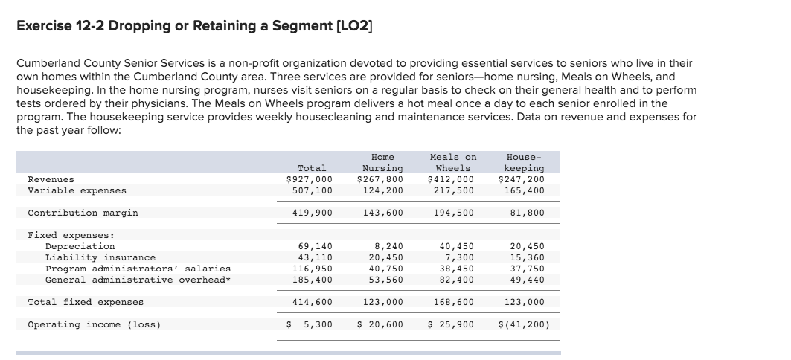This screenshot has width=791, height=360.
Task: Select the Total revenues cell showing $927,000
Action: coord(310,179)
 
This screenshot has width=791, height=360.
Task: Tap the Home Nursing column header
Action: coord(382,163)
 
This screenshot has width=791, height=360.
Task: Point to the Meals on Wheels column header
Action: coord(453,163)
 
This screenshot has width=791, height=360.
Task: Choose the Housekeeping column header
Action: coord(525,163)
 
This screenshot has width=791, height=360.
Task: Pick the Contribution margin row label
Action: coord(83,213)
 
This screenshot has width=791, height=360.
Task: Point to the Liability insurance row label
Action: coord(100,257)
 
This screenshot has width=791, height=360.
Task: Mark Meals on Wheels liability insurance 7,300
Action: coord(458,257)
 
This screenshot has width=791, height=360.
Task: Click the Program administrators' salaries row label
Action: coord(138,269)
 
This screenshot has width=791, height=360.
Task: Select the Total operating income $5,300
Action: coord(310,324)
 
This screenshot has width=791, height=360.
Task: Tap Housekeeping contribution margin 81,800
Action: coord(528,213)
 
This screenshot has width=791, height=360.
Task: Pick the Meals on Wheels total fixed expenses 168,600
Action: coord(454,302)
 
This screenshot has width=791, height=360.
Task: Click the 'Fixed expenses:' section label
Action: coord(66,235)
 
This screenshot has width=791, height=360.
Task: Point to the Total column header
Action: coord(312,168)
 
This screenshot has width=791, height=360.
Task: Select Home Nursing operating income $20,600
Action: coord(380,324)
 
